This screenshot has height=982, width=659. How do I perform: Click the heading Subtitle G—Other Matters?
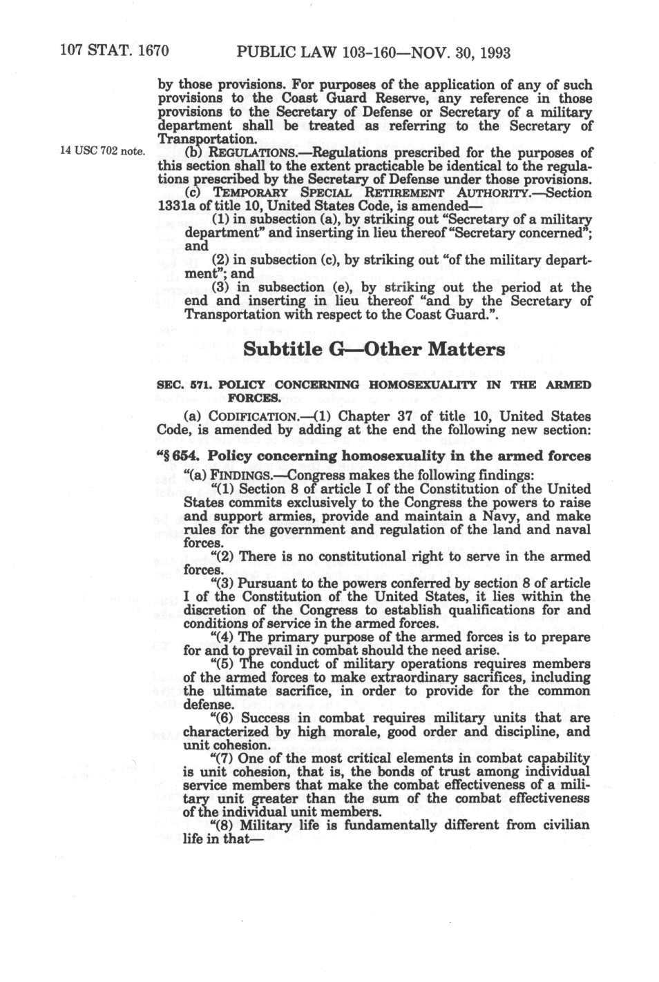tap(374, 349)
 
